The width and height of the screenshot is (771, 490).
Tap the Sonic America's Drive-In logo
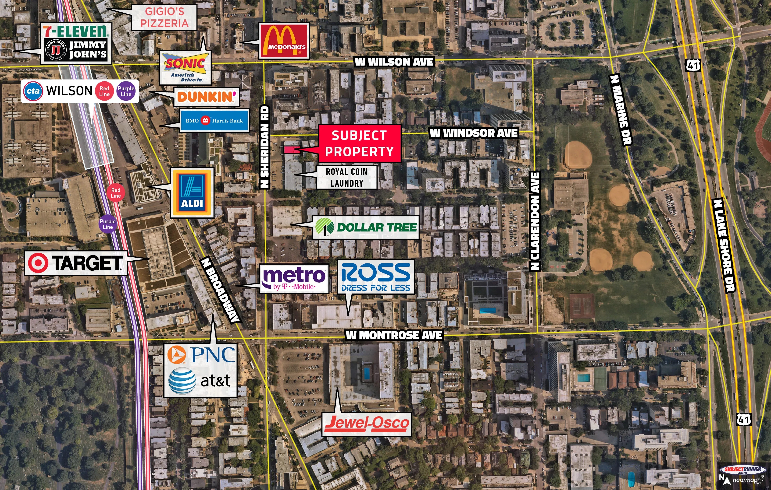(185, 67)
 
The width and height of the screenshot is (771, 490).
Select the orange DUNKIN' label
(207, 97)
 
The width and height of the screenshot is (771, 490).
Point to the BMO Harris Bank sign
(214, 121)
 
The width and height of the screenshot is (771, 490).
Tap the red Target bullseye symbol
(38, 263)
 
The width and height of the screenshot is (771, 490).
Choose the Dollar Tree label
(366, 227)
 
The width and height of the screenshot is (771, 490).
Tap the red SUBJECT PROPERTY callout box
(359, 143)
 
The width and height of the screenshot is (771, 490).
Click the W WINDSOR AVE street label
(474, 133)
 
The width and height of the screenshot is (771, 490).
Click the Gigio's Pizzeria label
(164, 17)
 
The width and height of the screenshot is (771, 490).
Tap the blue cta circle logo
(33, 91)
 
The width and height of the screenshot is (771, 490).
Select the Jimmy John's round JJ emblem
(56, 49)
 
